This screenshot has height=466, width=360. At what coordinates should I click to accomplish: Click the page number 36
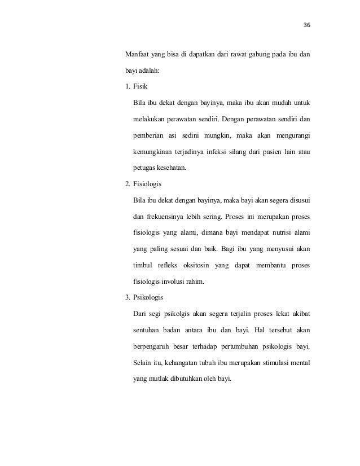[307, 26]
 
